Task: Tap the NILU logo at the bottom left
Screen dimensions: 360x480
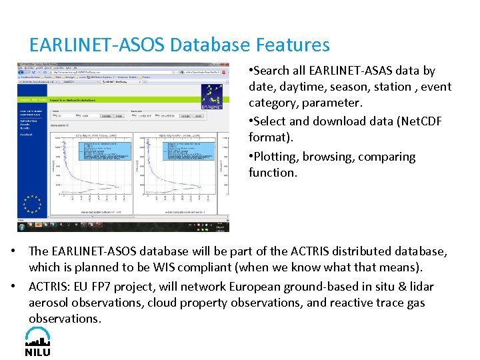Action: [37, 341]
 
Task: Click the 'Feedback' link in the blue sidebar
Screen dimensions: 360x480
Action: [28, 135]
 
